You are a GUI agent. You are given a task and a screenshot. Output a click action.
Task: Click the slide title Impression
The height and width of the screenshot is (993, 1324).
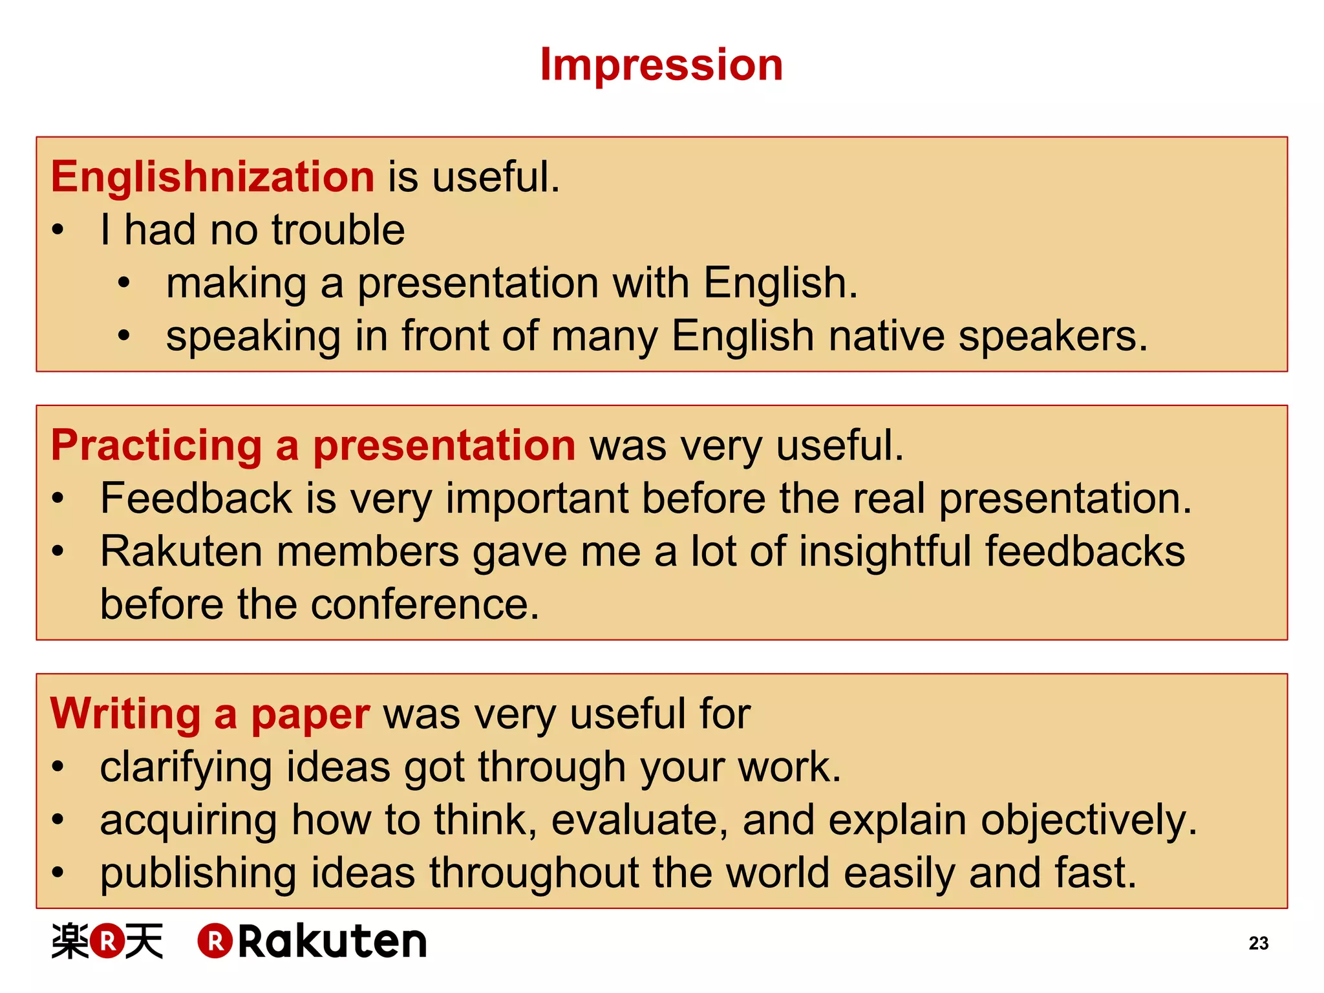pyautogui.click(x=661, y=65)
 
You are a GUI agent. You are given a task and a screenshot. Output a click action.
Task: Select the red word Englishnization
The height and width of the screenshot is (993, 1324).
pyautogui.click(x=213, y=176)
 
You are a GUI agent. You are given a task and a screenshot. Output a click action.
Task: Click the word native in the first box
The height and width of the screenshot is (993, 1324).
pyautogui.click(x=886, y=336)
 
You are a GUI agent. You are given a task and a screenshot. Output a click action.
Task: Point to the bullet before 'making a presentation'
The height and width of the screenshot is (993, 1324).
pyautogui.click(x=124, y=283)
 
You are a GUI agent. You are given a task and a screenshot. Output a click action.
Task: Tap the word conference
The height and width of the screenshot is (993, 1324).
pyautogui.click(x=425, y=605)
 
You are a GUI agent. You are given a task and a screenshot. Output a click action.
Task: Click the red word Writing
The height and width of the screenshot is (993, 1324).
pyautogui.click(x=125, y=714)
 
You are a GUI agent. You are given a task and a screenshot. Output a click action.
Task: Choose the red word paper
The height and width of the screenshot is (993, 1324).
pyautogui.click(x=310, y=715)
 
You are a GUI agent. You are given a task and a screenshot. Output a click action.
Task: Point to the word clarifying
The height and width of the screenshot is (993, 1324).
pyautogui.click(x=186, y=768)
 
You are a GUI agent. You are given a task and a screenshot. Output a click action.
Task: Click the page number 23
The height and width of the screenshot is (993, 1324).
pyautogui.click(x=1258, y=943)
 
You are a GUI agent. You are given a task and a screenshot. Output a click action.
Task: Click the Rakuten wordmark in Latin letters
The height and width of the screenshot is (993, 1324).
pyautogui.click(x=332, y=941)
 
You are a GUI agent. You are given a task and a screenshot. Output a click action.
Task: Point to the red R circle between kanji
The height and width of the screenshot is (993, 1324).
pyautogui.click(x=107, y=941)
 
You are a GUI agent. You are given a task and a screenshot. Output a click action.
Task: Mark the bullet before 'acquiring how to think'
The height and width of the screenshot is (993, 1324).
pyautogui.click(x=58, y=820)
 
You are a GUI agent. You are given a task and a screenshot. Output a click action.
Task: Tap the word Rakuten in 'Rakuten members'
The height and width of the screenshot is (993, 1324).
pyautogui.click(x=182, y=551)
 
